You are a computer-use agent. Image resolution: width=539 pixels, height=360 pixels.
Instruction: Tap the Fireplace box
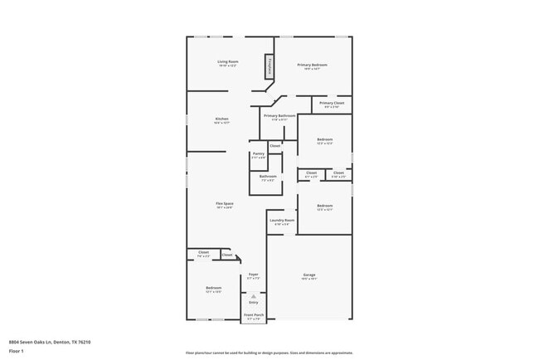click(x=269, y=66)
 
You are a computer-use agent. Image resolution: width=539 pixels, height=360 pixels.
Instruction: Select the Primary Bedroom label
click(x=313, y=66)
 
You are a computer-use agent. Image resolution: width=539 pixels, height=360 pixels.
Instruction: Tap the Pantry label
click(x=258, y=155)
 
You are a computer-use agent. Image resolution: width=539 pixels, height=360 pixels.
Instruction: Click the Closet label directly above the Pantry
click(x=274, y=146)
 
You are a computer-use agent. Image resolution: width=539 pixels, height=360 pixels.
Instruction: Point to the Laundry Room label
click(x=282, y=221)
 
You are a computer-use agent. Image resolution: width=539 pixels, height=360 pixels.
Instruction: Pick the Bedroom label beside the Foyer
click(x=213, y=289)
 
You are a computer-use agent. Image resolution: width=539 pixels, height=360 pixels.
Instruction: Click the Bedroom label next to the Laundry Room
click(x=324, y=207)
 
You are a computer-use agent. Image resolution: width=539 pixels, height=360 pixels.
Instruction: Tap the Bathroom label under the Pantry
click(x=268, y=178)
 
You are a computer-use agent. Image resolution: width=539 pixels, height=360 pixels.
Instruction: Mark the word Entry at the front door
click(x=254, y=303)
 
